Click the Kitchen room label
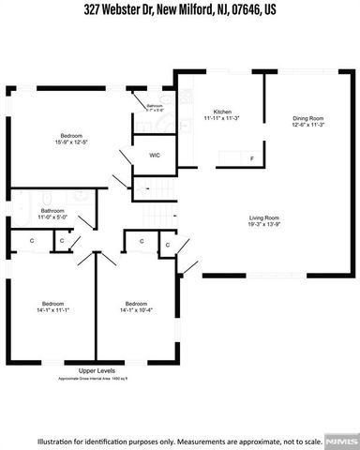[x=222, y=111]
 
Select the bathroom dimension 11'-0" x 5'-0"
[x=52, y=217]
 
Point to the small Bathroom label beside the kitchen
[x=155, y=107]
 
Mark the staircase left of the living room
[x=161, y=217]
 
